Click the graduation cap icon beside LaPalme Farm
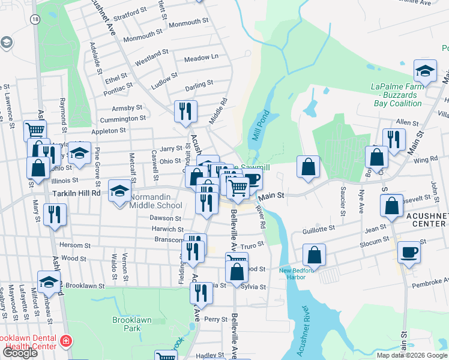426,72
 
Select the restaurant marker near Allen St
394,140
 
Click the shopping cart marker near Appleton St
35,130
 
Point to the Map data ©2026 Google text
412,355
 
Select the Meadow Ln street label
201,58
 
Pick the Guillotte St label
319,229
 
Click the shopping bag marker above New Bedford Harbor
314,254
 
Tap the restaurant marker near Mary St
55,214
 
